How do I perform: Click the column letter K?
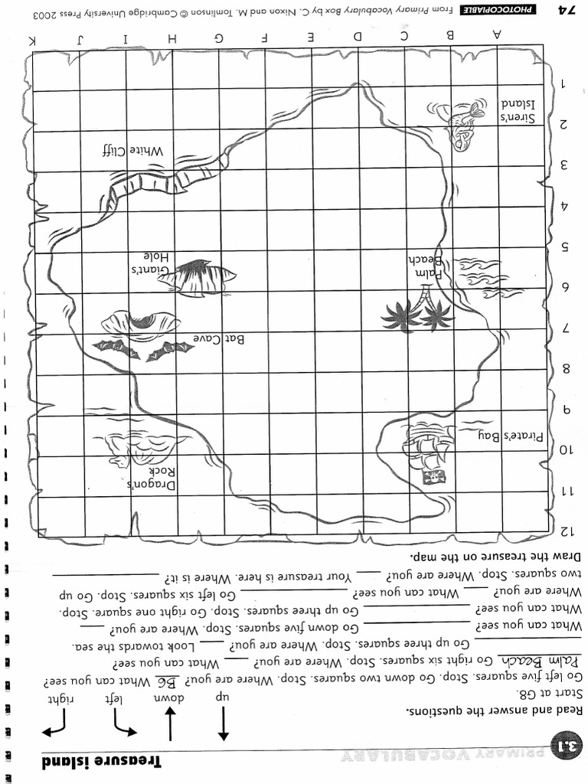(x=32, y=39)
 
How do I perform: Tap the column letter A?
(x=498, y=34)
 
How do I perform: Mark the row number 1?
(x=564, y=84)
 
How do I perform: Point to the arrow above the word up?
(x=223, y=723)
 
